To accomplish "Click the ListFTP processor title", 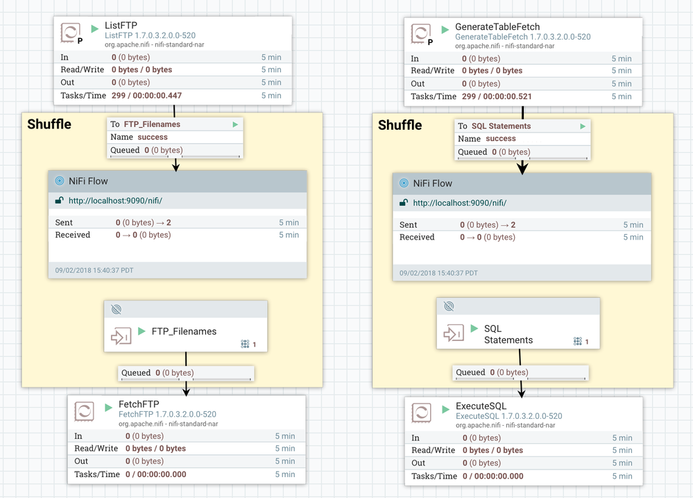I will [x=121, y=25].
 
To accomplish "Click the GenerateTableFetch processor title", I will [x=497, y=26].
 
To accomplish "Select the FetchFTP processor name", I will [x=139, y=404].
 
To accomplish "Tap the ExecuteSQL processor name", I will [x=481, y=406].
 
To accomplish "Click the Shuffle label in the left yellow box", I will [x=49, y=124].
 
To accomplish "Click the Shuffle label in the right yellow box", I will [x=400, y=125].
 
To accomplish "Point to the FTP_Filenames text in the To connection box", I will [x=152, y=124].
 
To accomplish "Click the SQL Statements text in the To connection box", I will [x=501, y=126].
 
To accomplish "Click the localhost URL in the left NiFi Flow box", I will [x=115, y=201].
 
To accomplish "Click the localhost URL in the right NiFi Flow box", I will [x=459, y=203].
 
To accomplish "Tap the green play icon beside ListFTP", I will [x=95, y=29].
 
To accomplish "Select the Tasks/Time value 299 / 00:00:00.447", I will [x=146, y=95].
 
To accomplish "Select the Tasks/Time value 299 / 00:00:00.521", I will [x=497, y=97].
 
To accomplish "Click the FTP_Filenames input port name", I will [x=184, y=331].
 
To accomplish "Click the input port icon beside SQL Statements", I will [x=454, y=334].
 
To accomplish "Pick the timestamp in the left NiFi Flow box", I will [x=94, y=270].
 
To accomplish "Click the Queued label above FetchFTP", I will [x=136, y=373].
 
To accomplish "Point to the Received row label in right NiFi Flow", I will [x=417, y=237].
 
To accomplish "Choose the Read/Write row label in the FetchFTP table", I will [x=96, y=449].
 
